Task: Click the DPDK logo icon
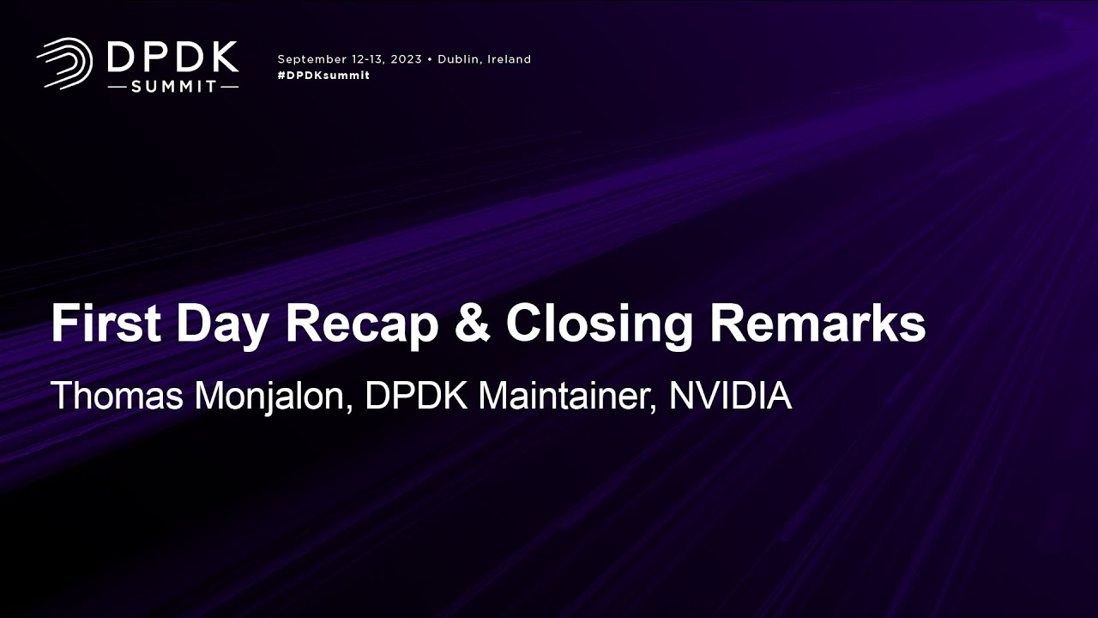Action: (x=64, y=63)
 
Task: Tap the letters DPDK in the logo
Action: (x=172, y=58)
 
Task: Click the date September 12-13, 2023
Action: (x=349, y=59)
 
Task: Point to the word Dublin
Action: (x=461, y=59)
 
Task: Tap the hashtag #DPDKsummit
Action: (x=323, y=76)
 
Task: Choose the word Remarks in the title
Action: (x=817, y=324)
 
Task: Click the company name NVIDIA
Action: (x=729, y=396)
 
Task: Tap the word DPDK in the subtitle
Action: (x=416, y=396)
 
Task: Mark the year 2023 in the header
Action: (x=406, y=59)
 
